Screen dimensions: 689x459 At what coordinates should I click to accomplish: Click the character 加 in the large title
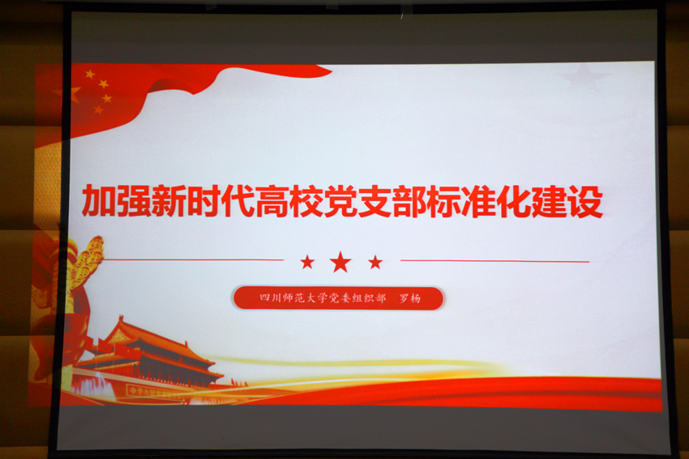tap(98, 201)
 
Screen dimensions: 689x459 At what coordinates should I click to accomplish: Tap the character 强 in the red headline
tap(133, 201)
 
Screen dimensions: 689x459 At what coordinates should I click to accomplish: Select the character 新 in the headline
tap(168, 201)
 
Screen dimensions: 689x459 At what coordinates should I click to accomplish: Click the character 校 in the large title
tap(306, 201)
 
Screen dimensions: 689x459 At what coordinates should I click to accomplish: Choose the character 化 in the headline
tap(515, 202)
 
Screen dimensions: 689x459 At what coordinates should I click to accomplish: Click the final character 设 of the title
tap(585, 202)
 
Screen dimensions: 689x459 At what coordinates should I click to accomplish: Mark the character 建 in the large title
tap(550, 202)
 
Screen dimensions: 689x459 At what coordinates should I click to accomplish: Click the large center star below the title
tap(340, 263)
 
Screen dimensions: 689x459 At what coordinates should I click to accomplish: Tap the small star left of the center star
tap(307, 263)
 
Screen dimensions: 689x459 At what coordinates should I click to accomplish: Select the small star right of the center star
tap(375, 263)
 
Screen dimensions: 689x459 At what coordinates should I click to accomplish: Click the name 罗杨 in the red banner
tap(410, 298)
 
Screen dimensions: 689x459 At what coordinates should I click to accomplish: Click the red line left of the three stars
tap(193, 260)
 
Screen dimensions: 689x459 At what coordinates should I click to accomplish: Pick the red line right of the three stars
tap(494, 261)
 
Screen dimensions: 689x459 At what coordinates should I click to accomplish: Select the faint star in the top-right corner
tap(584, 77)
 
